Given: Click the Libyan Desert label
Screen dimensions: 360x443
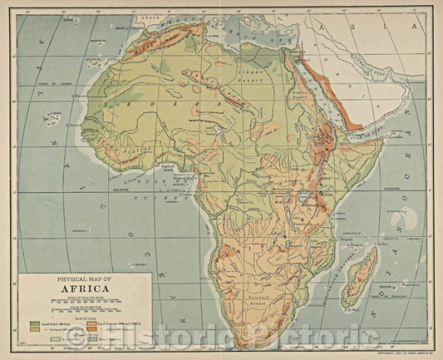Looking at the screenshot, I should point(263,86).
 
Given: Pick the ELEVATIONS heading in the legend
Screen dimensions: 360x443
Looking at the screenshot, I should point(82,316).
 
